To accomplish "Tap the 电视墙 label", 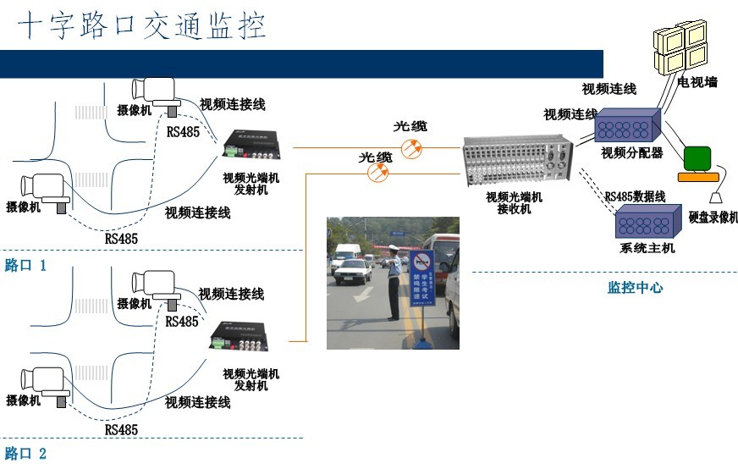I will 697,82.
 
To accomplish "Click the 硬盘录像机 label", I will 713,218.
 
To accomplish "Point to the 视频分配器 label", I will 631,153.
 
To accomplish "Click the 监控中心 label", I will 635,288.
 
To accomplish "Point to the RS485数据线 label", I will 635,196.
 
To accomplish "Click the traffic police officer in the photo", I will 394,279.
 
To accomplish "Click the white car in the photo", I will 353,271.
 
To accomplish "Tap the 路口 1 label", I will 25,266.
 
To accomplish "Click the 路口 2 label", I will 25,454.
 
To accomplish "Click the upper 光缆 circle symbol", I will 412,149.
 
